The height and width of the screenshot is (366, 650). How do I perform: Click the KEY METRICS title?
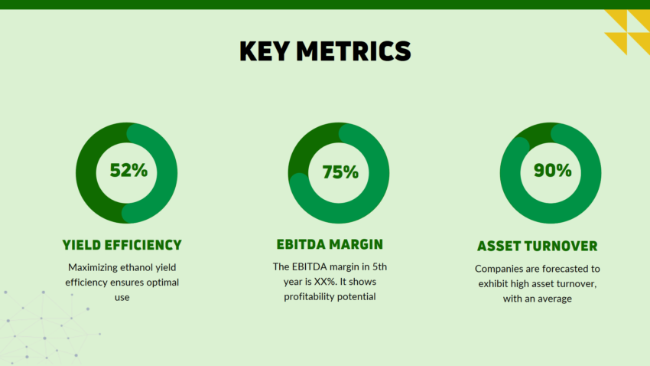[x=325, y=51]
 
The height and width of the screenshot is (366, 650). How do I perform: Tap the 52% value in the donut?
[x=128, y=170]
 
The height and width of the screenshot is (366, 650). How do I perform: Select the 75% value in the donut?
[x=340, y=172]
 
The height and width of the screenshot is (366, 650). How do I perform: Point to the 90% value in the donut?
[x=552, y=170]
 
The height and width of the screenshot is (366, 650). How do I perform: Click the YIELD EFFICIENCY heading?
[x=122, y=245]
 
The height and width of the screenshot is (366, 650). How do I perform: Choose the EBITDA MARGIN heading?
[x=330, y=244]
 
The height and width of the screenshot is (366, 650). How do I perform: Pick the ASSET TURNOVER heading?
[x=538, y=246]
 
